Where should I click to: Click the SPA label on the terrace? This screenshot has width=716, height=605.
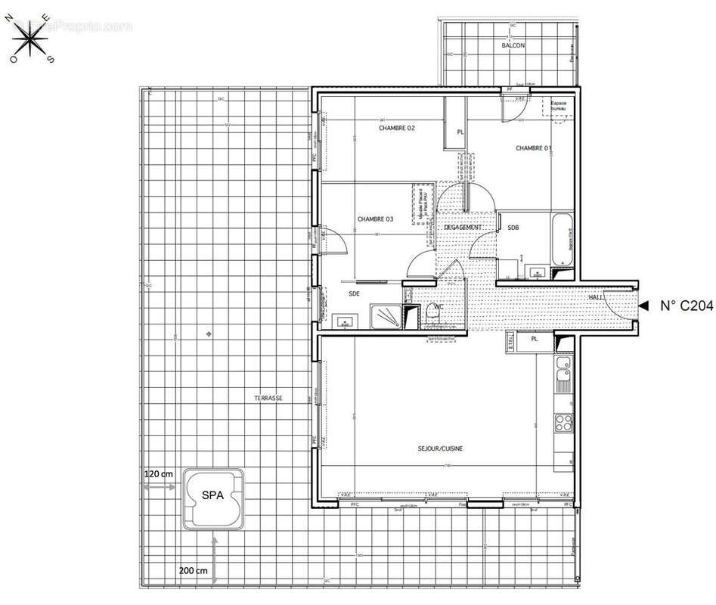tap(212, 495)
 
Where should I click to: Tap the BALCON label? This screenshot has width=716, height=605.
tap(513, 46)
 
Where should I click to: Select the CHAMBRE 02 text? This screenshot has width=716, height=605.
tap(397, 128)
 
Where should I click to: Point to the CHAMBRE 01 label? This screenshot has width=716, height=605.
tap(534, 148)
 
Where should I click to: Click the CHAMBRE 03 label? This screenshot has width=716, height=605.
tap(375, 219)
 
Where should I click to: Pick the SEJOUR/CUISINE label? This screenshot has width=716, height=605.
tap(440, 448)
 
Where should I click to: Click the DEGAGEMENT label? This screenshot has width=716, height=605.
tap(463, 227)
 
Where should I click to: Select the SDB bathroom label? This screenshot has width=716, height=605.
tap(513, 227)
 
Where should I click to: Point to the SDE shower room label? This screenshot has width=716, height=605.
tap(354, 293)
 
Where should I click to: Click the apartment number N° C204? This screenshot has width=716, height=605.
tap(686, 306)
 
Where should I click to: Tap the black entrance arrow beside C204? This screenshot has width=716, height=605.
tap(643, 306)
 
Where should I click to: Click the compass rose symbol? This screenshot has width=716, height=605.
tap(31, 39)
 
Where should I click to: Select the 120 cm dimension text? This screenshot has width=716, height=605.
tap(159, 473)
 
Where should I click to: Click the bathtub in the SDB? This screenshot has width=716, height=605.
tap(562, 239)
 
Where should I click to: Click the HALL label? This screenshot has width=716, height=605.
tap(596, 297)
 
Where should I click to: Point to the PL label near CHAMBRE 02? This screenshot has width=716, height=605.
tap(460, 132)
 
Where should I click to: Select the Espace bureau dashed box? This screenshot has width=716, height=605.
tap(559, 107)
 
